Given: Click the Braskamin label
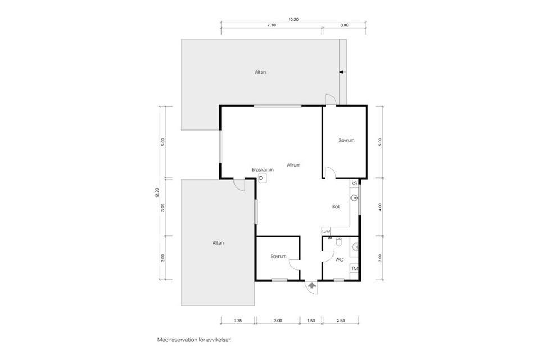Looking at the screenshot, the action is pyautogui.click(x=263, y=170).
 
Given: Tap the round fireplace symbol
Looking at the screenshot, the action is pyautogui.click(x=261, y=178).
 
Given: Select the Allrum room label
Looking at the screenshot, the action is pyautogui.click(x=294, y=165).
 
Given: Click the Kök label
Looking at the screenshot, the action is pyautogui.click(x=336, y=206).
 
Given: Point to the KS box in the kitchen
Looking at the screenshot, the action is pyautogui.click(x=354, y=183).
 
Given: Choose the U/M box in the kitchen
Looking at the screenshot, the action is pyautogui.click(x=326, y=232).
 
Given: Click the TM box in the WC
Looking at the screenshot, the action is pyautogui.click(x=354, y=268).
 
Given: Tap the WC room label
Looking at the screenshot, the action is pyautogui.click(x=339, y=260).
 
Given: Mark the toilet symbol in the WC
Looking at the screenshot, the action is pyautogui.click(x=339, y=242).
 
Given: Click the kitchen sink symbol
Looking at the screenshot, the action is pyautogui.click(x=354, y=198).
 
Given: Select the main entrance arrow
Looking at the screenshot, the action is pyautogui.click(x=312, y=285).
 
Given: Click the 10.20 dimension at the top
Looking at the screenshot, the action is pyautogui.click(x=294, y=20).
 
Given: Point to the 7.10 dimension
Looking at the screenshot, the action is pyautogui.click(x=271, y=25).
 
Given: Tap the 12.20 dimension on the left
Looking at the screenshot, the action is pyautogui.click(x=157, y=193).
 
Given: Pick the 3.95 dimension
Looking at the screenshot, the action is pyautogui.click(x=163, y=208).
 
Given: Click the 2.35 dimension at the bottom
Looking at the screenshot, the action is pyautogui.click(x=238, y=321).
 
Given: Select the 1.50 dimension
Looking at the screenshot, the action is pyautogui.click(x=311, y=321).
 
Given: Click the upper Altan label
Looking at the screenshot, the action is pyautogui.click(x=260, y=73).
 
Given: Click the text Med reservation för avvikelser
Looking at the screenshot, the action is pyautogui.click(x=194, y=340).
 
